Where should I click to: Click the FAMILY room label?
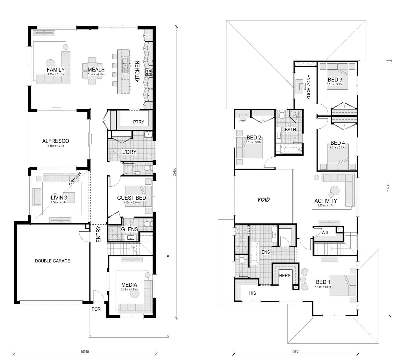[x=56, y=70]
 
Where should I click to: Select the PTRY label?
[x=138, y=122]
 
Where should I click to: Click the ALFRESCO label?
[x=55, y=141]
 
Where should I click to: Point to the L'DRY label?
[x=129, y=152]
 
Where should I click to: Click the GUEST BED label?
[x=131, y=198]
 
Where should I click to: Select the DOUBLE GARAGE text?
[x=52, y=261]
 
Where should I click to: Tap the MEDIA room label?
[x=129, y=285]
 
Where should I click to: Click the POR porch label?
[x=96, y=309]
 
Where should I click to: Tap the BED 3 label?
[x=335, y=80]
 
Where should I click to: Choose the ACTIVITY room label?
[x=326, y=201]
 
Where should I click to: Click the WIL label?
[x=325, y=233]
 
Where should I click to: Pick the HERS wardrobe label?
[x=285, y=275]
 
